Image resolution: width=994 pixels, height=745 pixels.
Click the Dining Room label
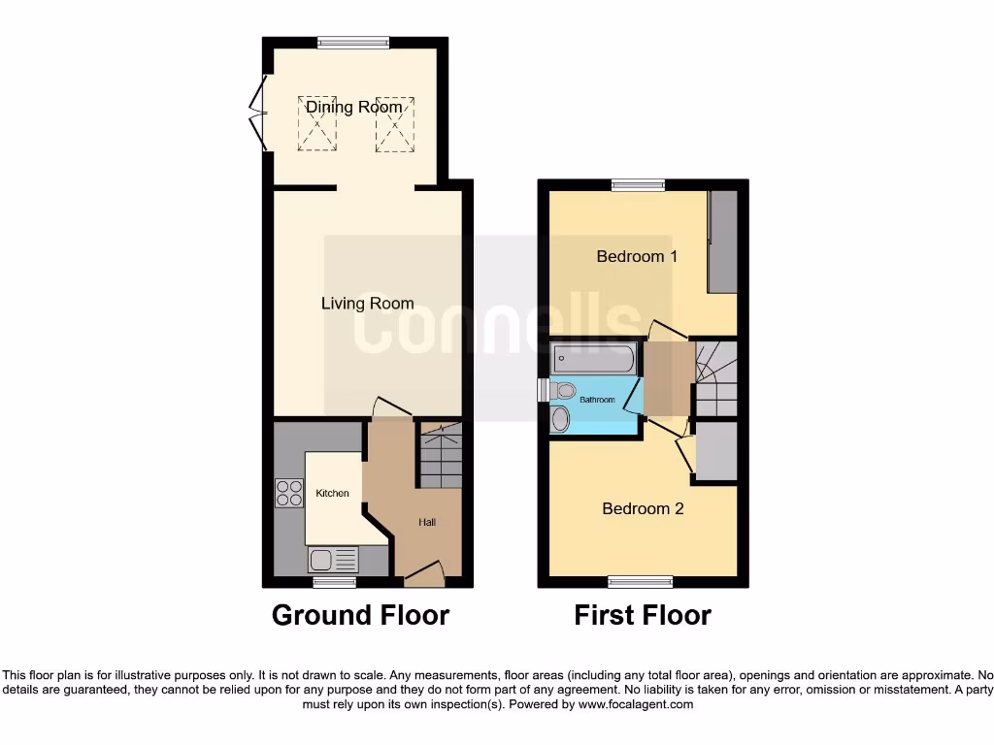pyautogui.click(x=353, y=107)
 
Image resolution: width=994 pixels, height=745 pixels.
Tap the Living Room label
pyautogui.click(x=367, y=304)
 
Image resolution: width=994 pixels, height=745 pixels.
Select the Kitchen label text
pyautogui.click(x=332, y=494)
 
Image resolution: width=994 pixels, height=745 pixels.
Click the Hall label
pyautogui.click(x=427, y=523)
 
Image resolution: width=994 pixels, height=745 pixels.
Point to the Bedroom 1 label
pyautogui.click(x=637, y=257)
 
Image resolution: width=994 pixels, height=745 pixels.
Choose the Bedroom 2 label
pyautogui.click(x=643, y=508)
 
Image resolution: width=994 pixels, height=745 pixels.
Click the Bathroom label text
pyautogui.click(x=597, y=400)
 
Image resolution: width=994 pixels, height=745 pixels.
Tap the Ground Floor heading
pyautogui.click(x=360, y=615)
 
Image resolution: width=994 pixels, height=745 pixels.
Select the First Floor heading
pyautogui.click(x=643, y=615)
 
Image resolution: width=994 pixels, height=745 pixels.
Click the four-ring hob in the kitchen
pyautogui.click(x=288, y=494)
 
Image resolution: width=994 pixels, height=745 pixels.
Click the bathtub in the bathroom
pyautogui.click(x=593, y=360)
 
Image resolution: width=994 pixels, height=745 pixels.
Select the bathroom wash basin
pyautogui.click(x=561, y=419)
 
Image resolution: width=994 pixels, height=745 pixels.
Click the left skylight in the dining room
pyautogui.click(x=316, y=123)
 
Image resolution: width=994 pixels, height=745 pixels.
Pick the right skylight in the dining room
pyautogui.click(x=394, y=123)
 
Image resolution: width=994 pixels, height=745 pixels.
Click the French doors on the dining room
pyautogui.click(x=257, y=113)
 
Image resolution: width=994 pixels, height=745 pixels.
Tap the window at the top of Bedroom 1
pyautogui.click(x=638, y=184)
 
